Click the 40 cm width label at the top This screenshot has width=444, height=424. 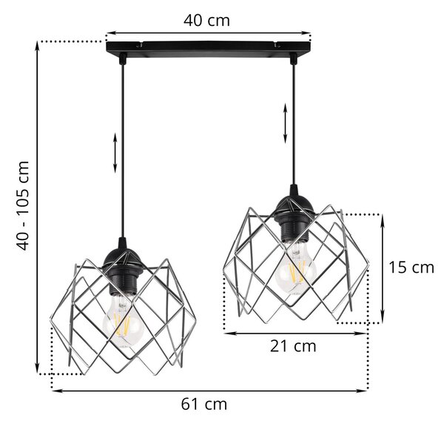(x=206, y=21)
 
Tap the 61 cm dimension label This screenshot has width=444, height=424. (x=204, y=404)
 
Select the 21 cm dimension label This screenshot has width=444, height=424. (x=293, y=346)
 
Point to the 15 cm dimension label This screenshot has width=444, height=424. (x=411, y=268)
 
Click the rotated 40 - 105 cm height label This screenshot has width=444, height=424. (x=23, y=205)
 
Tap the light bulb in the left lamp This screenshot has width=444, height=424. (x=123, y=320)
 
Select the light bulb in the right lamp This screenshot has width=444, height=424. (x=295, y=268)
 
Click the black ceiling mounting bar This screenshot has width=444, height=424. (x=209, y=47)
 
